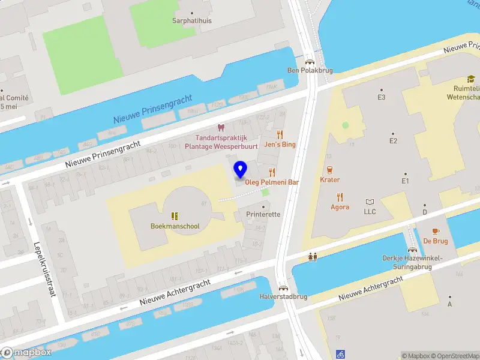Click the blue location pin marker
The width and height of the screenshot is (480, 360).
(240, 170)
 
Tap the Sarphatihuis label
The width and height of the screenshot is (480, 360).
(193, 20)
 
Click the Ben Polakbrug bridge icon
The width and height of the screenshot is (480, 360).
(310, 61)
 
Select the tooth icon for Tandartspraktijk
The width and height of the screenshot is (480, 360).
(220, 128)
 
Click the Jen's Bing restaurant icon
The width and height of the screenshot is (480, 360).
(280, 135)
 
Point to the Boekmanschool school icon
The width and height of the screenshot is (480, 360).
(175, 216)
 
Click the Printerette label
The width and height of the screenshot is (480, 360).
(263, 214)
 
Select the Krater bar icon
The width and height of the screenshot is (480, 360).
(329, 170)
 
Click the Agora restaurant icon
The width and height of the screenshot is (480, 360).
(340, 197)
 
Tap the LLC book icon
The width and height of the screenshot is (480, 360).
(370, 202)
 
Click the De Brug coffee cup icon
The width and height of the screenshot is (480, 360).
(436, 231)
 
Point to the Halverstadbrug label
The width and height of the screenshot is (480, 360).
(283, 296)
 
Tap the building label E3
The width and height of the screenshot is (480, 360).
(381, 97)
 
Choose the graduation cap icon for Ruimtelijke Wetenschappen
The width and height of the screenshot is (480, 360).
(471, 79)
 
